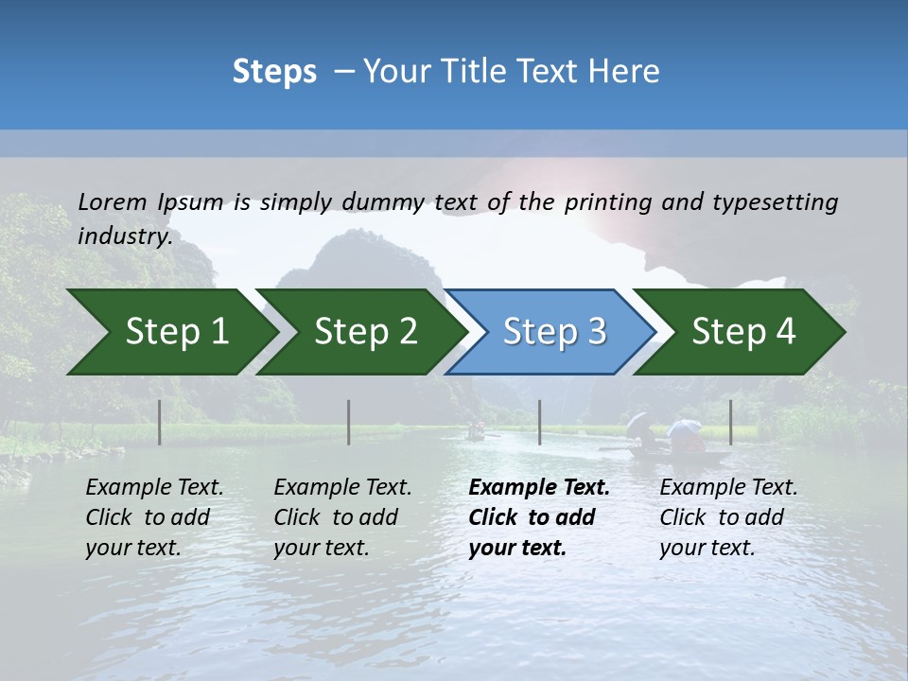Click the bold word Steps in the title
point(274,72)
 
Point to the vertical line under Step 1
point(160,422)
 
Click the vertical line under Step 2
point(349,422)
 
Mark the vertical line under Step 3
point(540,422)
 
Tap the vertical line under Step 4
point(730,422)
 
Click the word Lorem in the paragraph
point(113,201)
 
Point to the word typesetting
point(775,202)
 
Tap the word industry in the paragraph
point(124,236)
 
